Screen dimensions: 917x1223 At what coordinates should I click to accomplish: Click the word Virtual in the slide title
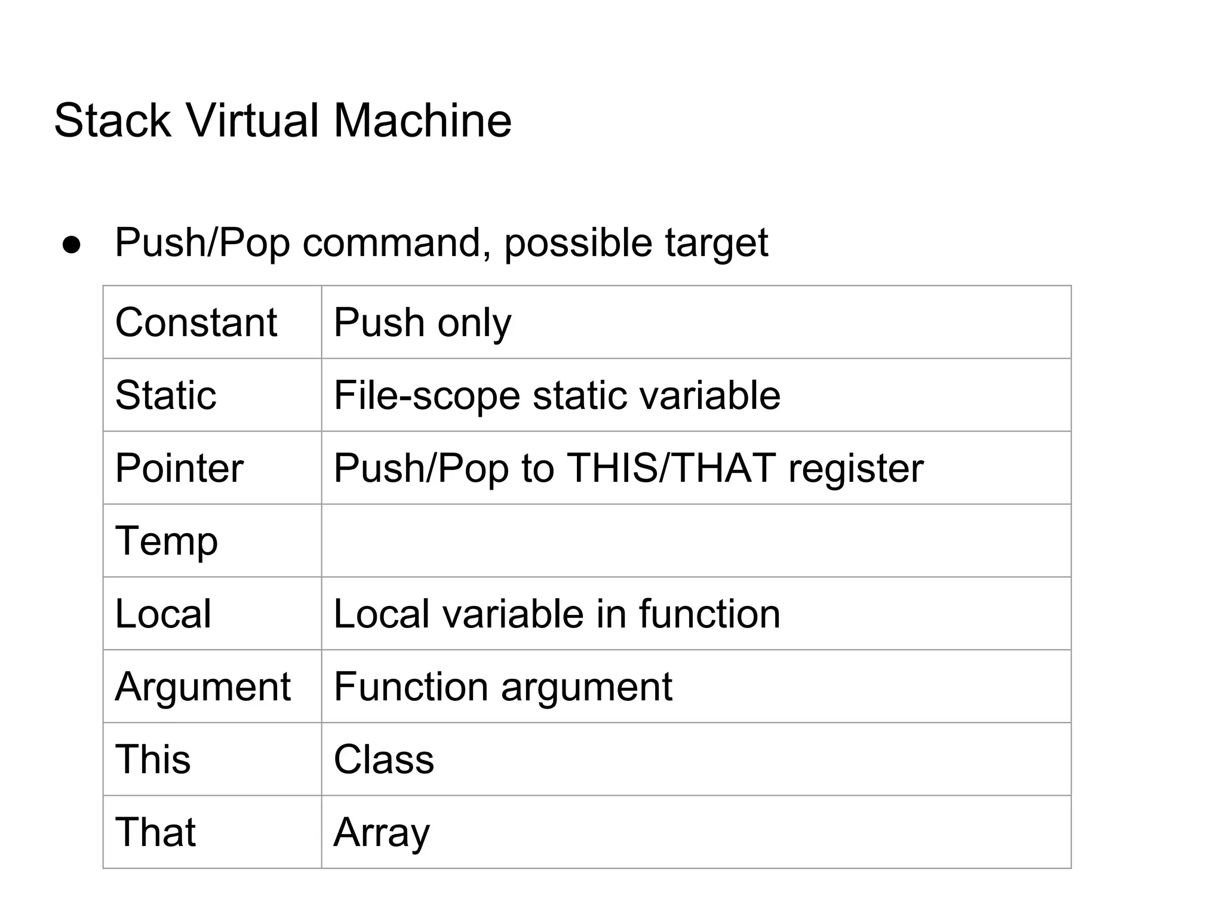click(253, 121)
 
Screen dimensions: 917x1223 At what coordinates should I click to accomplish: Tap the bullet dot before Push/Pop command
click(72, 245)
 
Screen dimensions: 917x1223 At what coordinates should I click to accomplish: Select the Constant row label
click(196, 322)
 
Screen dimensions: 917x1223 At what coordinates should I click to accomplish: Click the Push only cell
click(422, 322)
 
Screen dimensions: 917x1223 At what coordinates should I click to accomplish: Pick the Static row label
click(165, 395)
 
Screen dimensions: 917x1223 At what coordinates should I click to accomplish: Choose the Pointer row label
click(179, 468)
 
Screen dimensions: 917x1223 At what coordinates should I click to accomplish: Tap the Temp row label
click(166, 541)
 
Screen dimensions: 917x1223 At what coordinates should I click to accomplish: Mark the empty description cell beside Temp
click(696, 541)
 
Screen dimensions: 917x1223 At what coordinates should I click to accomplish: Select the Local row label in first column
click(163, 614)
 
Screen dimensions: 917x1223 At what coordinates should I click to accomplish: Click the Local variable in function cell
click(557, 614)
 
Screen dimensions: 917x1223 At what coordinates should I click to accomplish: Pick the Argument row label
click(202, 687)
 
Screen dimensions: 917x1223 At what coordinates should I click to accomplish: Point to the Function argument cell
click(503, 687)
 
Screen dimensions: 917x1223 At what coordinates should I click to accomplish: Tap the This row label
click(153, 759)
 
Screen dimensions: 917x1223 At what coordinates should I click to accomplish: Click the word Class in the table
click(384, 759)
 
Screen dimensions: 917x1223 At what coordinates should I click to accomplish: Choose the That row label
click(155, 832)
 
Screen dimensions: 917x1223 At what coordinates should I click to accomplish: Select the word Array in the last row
click(382, 832)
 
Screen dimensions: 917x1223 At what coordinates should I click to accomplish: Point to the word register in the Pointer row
click(855, 468)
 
